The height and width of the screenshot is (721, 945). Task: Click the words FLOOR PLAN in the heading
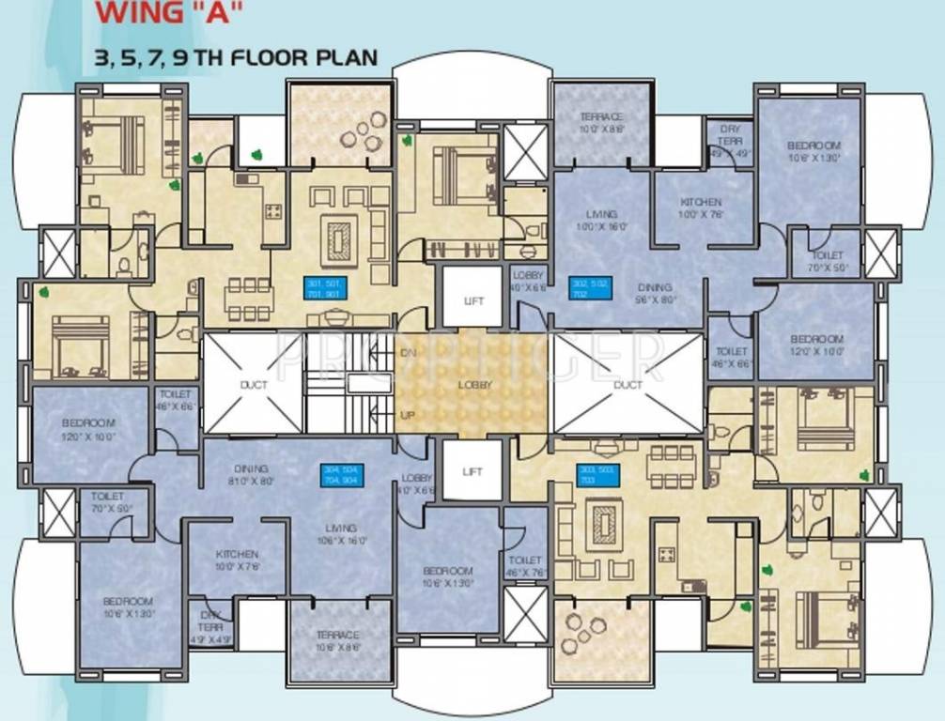(x=304, y=56)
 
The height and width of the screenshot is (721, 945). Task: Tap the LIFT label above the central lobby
(x=473, y=300)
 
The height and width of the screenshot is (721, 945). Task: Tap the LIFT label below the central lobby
(x=473, y=471)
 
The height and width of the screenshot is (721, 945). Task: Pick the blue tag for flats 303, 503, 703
(x=597, y=474)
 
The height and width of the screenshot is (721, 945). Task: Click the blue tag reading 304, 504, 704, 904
(x=343, y=474)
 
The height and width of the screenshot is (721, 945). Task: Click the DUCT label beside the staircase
(x=254, y=385)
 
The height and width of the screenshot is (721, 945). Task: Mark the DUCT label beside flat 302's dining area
(x=627, y=385)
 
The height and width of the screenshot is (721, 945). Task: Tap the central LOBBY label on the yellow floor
(x=474, y=385)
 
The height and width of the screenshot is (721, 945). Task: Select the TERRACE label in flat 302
(x=601, y=117)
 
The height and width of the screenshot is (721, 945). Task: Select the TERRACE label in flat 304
(x=337, y=636)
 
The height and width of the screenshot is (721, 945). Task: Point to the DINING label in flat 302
(x=654, y=288)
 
